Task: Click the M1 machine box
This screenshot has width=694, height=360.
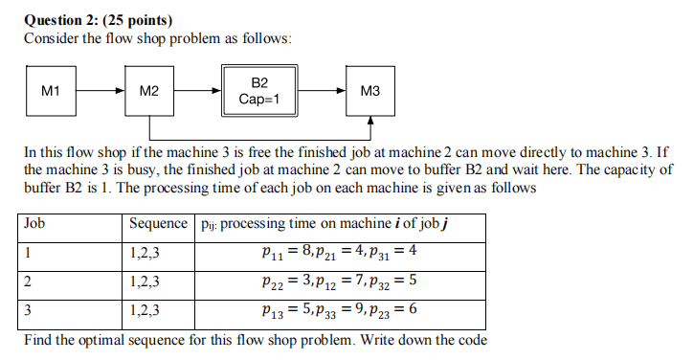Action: click(51, 92)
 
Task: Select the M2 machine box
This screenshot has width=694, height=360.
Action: click(149, 92)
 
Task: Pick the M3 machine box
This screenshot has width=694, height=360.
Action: click(370, 92)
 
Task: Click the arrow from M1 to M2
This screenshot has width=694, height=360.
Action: click(101, 92)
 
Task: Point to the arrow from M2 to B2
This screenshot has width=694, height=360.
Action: click(198, 92)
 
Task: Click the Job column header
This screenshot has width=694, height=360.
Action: click(35, 224)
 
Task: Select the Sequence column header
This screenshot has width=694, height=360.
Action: click(159, 224)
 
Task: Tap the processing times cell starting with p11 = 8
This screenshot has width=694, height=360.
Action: click(340, 254)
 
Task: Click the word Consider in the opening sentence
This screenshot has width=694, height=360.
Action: click(52, 38)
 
